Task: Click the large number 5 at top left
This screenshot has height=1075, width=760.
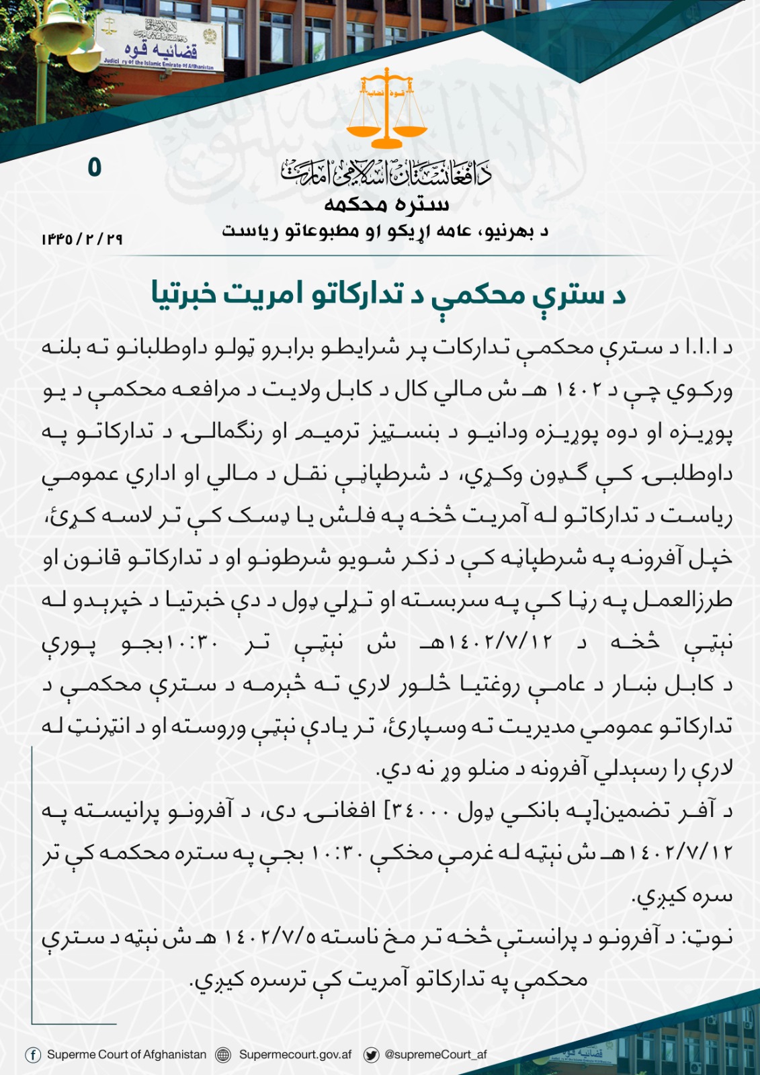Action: (x=94, y=167)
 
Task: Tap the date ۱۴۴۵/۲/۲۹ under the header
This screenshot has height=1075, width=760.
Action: (x=82, y=239)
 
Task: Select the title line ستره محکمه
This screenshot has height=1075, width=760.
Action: (x=386, y=204)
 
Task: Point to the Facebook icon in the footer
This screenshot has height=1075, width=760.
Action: (x=33, y=1055)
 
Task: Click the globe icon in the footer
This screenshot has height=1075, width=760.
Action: (x=223, y=1055)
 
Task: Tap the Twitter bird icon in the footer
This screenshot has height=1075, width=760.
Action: (x=371, y=1055)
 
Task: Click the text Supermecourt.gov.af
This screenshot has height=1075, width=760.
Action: (x=295, y=1055)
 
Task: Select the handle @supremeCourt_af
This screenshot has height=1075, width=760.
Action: (x=435, y=1055)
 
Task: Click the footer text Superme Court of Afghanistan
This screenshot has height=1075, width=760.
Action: (x=126, y=1055)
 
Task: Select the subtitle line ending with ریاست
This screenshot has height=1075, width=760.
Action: (x=385, y=232)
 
